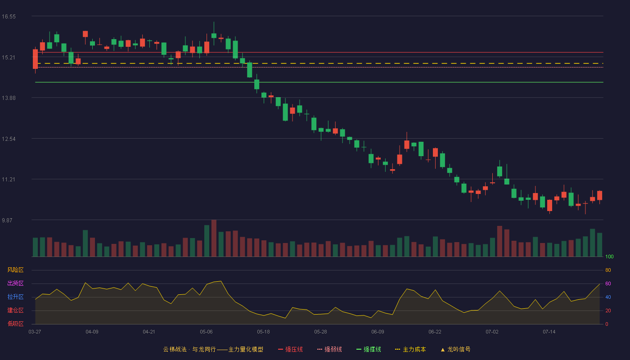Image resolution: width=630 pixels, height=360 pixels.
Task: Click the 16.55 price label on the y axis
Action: coord(9,17)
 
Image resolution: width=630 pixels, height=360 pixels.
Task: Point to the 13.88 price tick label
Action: coord(9,98)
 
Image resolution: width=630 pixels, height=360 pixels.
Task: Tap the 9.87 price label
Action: coord(7,220)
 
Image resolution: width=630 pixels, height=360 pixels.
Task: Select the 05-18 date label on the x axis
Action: coord(263,332)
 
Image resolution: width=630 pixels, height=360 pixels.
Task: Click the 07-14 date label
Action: coord(549,332)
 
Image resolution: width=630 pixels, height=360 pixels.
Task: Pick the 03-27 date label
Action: coord(35,332)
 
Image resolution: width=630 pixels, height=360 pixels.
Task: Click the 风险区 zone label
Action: coord(15,270)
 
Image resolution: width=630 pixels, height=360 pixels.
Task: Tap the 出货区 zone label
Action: coord(15,283)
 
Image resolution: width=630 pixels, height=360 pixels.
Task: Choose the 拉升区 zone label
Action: coord(15,297)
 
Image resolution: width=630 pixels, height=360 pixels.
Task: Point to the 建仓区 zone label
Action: coord(15,310)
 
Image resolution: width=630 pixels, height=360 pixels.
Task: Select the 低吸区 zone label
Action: coord(15,324)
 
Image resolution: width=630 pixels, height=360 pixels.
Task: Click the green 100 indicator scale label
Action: coord(609,256)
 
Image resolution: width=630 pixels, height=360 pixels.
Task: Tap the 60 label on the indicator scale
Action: coord(608,283)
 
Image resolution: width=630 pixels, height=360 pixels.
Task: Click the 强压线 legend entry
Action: coord(290,349)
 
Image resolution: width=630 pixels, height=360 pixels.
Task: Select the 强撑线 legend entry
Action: coord(369,349)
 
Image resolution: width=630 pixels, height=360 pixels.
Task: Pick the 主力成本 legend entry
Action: coord(410,349)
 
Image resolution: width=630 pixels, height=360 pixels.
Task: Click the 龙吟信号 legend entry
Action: coord(455,349)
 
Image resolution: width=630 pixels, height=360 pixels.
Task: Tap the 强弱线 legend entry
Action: coord(329,349)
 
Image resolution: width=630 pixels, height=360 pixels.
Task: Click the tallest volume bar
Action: coord(214,238)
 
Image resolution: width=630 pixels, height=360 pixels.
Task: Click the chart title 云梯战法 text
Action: coord(175,349)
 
